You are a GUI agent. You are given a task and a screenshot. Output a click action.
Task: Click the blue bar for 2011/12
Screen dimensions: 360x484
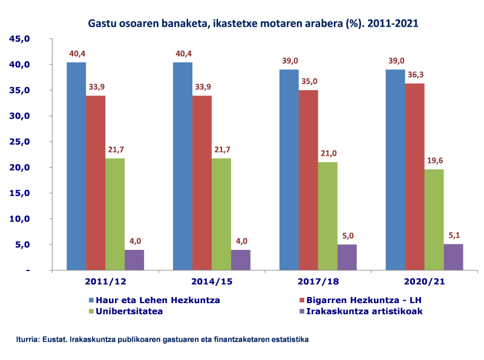[x=76, y=166]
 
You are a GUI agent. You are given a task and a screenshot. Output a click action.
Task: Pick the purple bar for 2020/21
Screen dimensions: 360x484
[x=453, y=257]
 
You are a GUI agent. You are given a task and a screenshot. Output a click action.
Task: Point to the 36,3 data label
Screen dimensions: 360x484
[x=415, y=74]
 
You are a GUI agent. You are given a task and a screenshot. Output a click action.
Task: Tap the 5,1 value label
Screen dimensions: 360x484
[x=453, y=235]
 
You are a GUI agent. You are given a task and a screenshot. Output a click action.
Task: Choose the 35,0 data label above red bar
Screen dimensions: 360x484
[x=309, y=81]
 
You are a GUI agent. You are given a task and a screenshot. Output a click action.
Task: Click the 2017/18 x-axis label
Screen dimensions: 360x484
[x=318, y=282]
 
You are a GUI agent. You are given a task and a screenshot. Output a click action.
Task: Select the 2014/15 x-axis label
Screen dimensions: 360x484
[x=212, y=282]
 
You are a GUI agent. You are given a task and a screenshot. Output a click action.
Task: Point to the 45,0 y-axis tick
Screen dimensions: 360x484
[x=19, y=39]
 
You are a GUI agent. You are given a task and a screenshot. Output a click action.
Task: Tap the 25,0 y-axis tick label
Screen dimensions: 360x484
[x=19, y=142]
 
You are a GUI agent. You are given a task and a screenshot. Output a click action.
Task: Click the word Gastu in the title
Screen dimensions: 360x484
[x=102, y=24]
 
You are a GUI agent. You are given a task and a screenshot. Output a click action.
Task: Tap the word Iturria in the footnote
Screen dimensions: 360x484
[x=27, y=339]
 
